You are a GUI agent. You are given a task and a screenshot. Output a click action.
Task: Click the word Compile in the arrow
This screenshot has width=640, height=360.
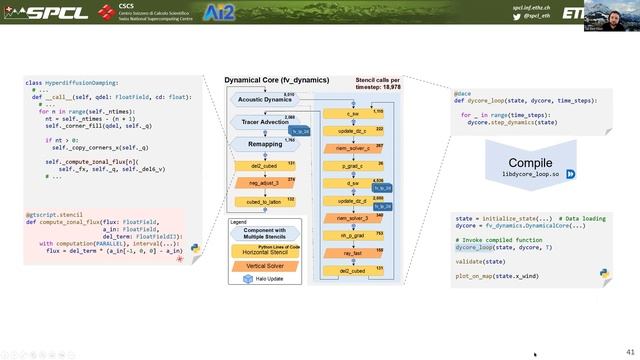(x=529, y=163)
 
